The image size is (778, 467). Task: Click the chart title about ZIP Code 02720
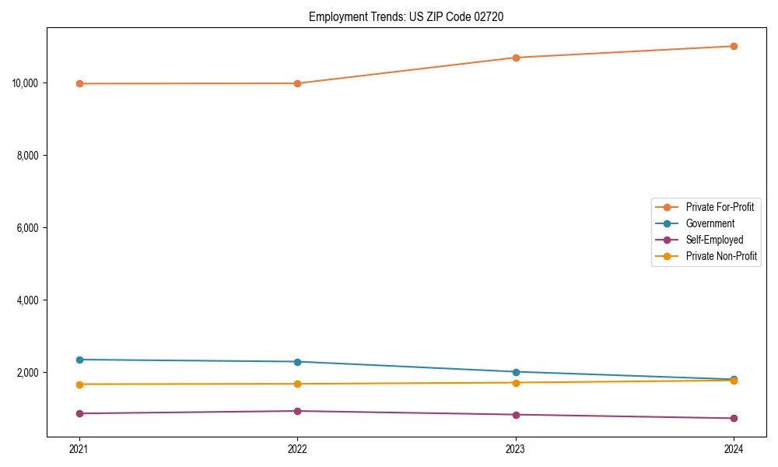406,17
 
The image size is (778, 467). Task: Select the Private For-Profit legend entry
720,207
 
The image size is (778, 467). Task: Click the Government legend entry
710,223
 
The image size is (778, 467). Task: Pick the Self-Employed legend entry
714,240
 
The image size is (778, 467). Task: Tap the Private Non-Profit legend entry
721,256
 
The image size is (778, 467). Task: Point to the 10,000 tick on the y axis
27,83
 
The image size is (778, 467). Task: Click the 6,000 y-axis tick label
30,228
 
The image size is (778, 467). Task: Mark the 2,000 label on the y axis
30,373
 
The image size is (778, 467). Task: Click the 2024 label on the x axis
734,448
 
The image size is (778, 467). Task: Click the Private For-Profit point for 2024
734,46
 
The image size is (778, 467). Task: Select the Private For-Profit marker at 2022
297,83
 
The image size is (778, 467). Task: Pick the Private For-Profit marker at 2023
516,58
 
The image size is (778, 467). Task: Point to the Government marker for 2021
79,360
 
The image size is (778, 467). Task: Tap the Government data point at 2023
516,372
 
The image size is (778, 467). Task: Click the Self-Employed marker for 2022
297,411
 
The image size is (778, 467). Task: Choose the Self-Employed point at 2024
734,419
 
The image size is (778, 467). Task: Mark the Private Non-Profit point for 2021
79,384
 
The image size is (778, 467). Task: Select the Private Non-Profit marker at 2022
297,384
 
